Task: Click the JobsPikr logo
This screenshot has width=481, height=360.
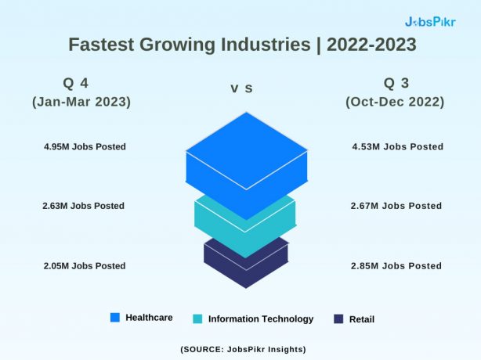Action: (429, 21)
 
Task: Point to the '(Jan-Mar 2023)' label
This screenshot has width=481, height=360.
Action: (81, 103)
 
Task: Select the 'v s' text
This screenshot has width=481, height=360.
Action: (241, 88)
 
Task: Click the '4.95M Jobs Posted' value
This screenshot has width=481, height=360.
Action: (85, 146)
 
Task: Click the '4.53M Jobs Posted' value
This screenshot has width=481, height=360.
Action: (398, 146)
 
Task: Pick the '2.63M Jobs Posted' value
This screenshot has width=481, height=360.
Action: (84, 206)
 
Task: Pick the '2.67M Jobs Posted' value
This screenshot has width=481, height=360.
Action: (396, 206)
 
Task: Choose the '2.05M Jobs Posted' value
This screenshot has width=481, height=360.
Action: (85, 265)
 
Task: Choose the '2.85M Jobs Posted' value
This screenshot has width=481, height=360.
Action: (396, 265)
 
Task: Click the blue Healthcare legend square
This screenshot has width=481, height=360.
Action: (115, 318)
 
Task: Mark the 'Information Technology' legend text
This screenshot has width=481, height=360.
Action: (261, 319)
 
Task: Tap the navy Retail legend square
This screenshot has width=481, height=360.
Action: (338, 319)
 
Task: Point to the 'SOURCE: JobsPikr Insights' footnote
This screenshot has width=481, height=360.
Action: (243, 348)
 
